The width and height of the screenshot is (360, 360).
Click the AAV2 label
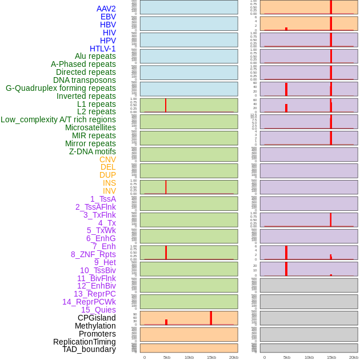point(106,9)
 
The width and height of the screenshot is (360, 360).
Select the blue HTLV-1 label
point(102,49)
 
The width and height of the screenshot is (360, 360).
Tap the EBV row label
point(108,17)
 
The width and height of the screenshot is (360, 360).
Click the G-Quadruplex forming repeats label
point(61,88)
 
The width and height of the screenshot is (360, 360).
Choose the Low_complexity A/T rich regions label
point(58,119)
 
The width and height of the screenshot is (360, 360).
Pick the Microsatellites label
point(90,127)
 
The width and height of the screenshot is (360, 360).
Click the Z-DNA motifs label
point(93,151)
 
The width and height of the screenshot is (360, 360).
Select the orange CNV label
point(107,159)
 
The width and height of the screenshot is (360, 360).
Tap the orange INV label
point(109,191)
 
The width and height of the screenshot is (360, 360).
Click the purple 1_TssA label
point(103,199)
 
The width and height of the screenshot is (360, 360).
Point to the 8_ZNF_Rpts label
point(93,254)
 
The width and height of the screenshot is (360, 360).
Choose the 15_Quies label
point(98,310)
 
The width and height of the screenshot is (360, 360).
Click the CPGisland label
point(97,318)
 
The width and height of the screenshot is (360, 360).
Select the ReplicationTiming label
point(84,342)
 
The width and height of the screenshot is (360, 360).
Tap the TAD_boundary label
point(89,349)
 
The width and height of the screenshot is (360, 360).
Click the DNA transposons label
point(85,80)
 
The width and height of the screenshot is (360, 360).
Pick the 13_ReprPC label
point(94,294)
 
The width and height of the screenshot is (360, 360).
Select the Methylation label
point(95,326)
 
